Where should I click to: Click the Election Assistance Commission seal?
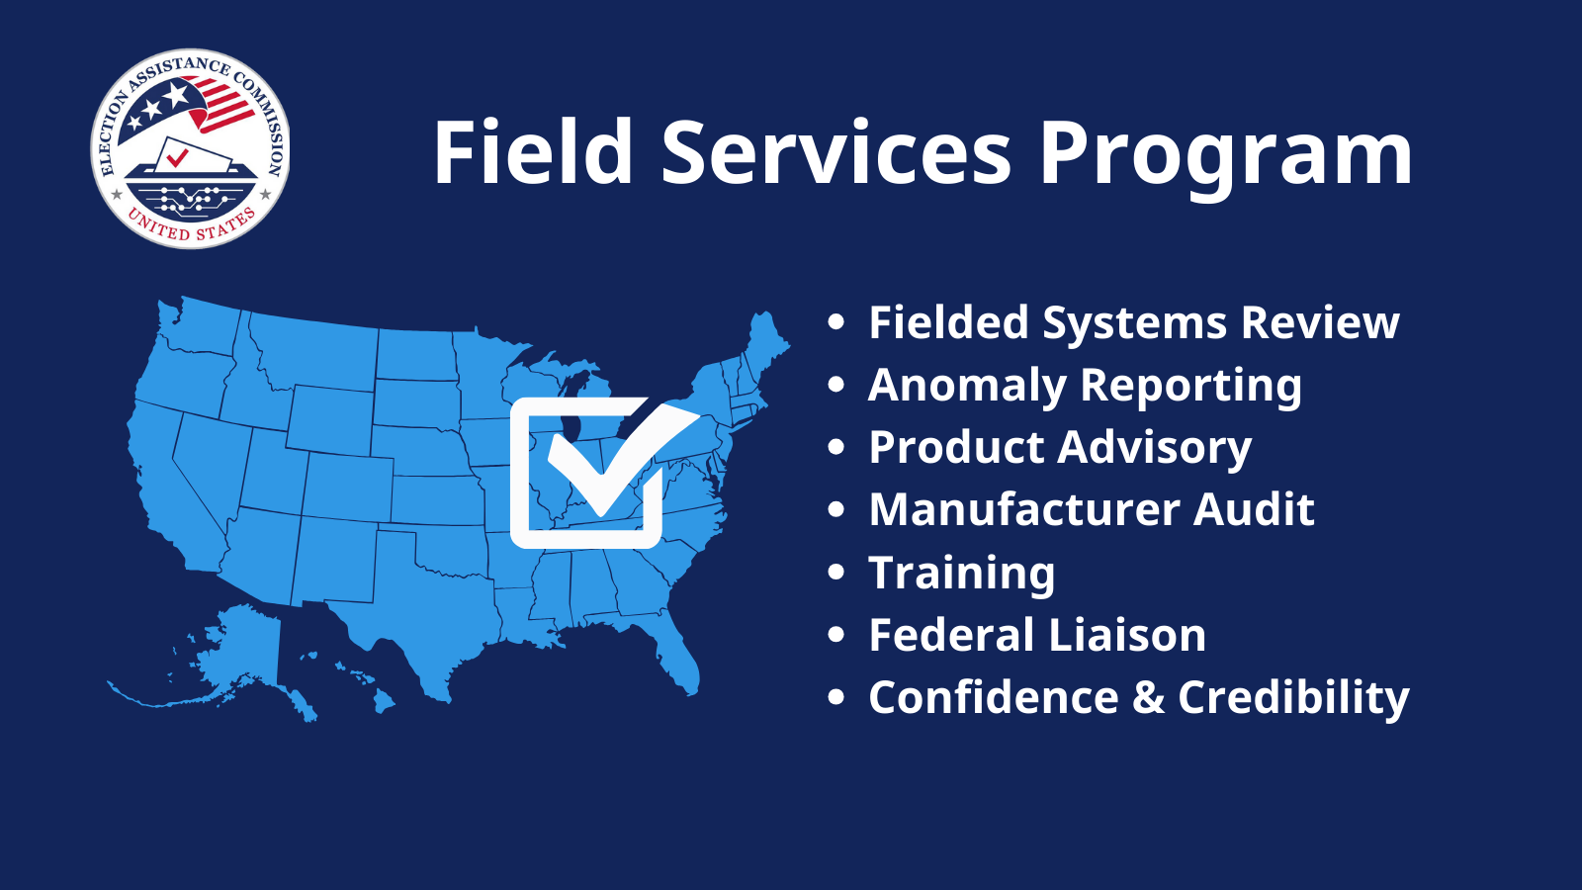click(x=190, y=148)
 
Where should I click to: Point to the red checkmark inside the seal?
click(x=178, y=156)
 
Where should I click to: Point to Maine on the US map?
click(x=765, y=341)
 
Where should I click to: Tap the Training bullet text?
click(x=961, y=574)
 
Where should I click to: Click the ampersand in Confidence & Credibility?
click(x=1148, y=698)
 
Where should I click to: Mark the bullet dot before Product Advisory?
click(x=836, y=448)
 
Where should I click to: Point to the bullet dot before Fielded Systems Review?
click(x=836, y=322)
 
